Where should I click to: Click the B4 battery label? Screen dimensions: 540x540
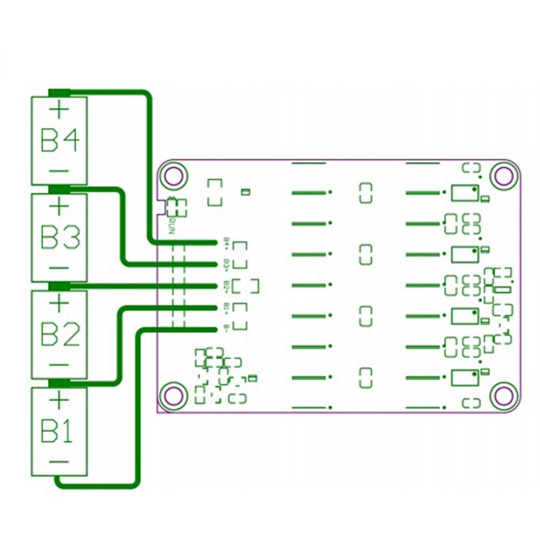(x=60, y=141)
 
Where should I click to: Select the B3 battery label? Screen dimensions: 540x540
(x=60, y=238)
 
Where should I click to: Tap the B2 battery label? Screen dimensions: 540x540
(x=60, y=335)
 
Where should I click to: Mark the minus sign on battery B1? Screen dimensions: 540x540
(x=59, y=461)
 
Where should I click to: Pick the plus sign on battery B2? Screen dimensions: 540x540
(x=59, y=304)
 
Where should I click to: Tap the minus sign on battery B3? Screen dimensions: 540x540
(x=60, y=268)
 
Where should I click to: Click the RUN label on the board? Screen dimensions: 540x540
(x=171, y=224)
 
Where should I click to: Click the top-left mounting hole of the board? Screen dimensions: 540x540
(x=174, y=175)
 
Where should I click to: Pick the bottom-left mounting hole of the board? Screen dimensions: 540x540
(x=174, y=395)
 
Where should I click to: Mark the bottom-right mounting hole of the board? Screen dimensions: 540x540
(x=504, y=395)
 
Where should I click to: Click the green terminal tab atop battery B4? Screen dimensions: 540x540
(x=59, y=93)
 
